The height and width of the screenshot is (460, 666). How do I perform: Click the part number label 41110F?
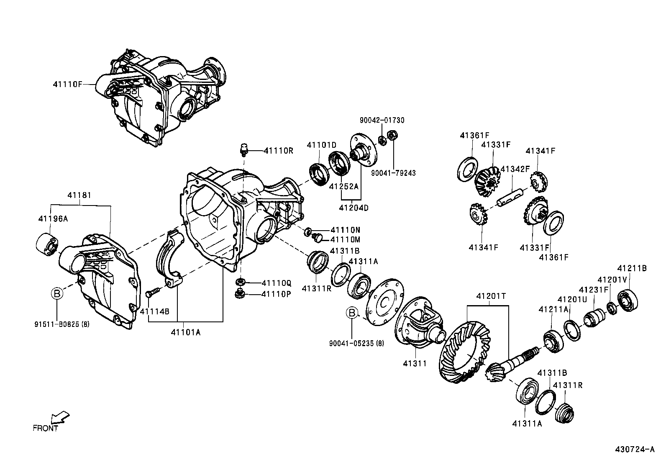click(67, 84)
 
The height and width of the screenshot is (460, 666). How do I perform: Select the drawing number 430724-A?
click(634, 450)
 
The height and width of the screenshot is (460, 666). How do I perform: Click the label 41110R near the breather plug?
click(279, 151)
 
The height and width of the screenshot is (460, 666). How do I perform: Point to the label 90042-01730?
click(382, 120)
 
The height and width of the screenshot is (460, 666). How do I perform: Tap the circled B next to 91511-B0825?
click(57, 293)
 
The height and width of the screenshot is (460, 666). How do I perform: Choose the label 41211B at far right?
click(632, 268)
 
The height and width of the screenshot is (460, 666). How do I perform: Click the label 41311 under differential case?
click(415, 363)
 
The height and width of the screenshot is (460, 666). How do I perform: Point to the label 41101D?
click(321, 145)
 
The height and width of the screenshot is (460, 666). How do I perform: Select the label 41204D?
click(353, 208)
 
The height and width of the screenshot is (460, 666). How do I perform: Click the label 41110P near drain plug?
click(276, 294)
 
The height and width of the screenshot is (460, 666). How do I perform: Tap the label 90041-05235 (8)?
click(356, 343)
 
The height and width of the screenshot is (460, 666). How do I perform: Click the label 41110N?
click(345, 230)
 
